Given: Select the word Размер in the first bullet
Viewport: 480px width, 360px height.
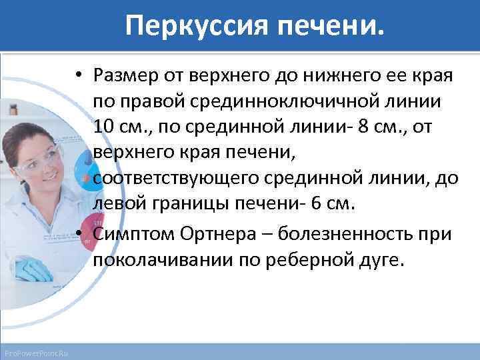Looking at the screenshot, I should pos(127,75).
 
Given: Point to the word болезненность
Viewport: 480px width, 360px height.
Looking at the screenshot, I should pos(351,234).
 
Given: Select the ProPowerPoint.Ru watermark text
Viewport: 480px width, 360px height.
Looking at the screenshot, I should pos(39,352).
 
